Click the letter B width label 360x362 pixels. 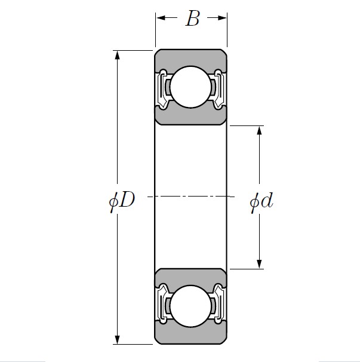tap(192, 19)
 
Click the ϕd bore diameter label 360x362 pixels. tap(261, 202)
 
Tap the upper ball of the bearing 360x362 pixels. tap(191, 87)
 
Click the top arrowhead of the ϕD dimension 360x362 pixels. tap(118, 55)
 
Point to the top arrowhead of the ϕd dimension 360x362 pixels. tap(260, 130)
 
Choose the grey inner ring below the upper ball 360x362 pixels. tap(191, 117)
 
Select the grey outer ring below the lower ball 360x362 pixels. tap(191, 337)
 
